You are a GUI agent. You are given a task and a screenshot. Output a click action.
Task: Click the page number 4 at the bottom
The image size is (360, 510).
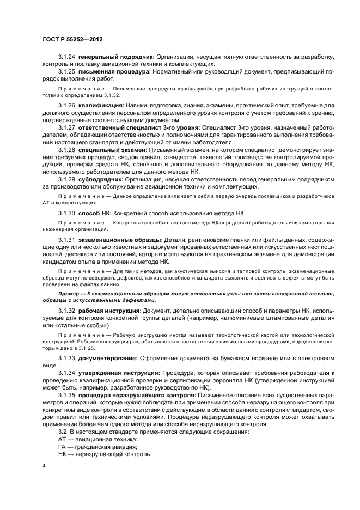point(44,466)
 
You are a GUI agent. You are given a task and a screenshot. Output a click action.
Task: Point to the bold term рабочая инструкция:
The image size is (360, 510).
point(109,310)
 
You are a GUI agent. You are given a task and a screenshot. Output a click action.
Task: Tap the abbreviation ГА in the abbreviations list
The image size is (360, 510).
point(62,447)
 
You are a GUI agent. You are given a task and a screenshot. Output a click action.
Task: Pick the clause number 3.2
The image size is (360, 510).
point(63,432)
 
